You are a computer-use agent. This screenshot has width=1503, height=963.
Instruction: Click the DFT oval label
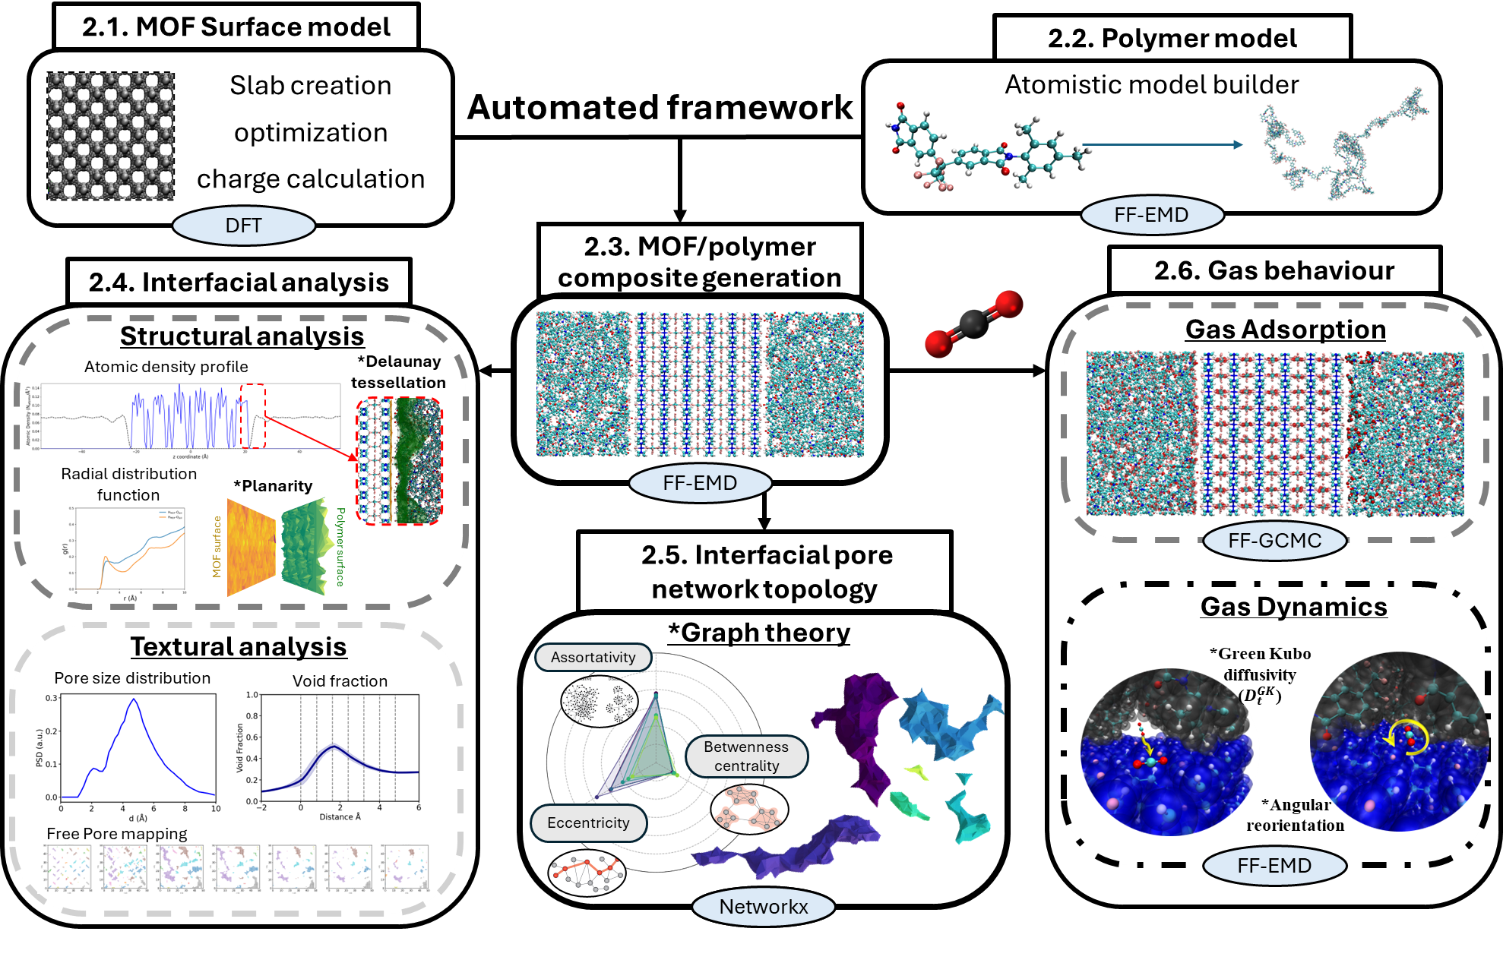243,226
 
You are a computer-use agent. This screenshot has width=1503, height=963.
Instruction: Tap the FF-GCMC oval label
1274,541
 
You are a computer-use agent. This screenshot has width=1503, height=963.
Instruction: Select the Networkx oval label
763,907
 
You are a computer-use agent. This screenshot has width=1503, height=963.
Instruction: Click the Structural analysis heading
242,336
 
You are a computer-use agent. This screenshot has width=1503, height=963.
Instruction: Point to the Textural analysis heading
238,646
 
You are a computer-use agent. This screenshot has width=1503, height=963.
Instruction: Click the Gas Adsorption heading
1285,329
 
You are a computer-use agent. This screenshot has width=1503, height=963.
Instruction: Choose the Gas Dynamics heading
1293,606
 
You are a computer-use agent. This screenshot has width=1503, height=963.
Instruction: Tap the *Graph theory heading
758,632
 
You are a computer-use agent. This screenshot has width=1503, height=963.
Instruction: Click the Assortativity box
593,657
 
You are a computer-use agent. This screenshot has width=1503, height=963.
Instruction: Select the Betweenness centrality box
745,756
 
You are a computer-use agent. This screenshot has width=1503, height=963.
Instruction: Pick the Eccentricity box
588,823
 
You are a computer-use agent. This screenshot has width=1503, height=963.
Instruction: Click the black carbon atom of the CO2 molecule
973,324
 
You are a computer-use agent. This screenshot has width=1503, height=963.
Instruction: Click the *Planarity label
273,486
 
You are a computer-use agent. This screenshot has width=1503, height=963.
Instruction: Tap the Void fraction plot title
340,681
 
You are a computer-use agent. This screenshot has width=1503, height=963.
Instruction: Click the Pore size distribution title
132,678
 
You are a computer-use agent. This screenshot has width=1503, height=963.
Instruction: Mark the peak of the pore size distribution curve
134,699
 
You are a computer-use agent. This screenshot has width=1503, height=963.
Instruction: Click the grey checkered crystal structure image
110,136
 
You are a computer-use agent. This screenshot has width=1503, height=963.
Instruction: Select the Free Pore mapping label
116,834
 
